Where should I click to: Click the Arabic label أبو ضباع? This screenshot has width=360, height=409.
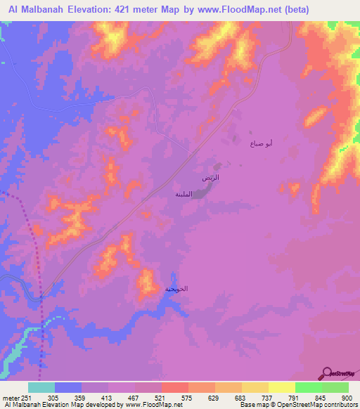point(262,143)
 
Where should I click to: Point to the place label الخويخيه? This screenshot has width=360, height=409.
point(176,289)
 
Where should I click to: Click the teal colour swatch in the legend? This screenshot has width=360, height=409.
point(41,388)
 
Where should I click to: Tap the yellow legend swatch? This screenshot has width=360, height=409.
point(281,388)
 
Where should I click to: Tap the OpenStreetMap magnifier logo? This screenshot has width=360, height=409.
point(326,372)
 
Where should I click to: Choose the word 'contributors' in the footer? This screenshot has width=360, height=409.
point(340,405)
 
